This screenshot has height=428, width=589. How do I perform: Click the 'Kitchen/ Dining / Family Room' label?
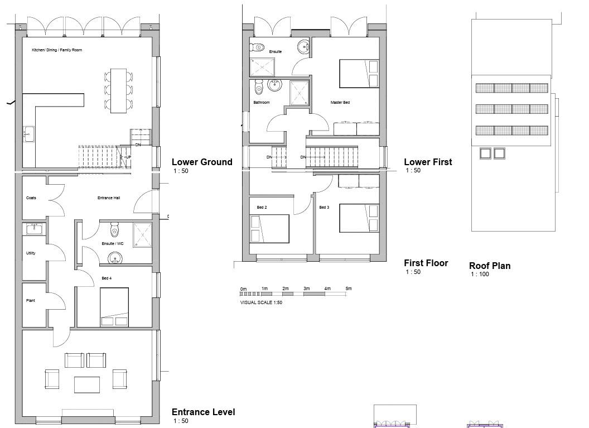coord(57,50)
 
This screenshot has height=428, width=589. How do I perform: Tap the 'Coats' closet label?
coord(31,198)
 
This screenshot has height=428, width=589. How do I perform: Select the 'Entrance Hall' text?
coord(109,198)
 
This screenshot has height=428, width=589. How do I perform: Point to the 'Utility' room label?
coord(31,253)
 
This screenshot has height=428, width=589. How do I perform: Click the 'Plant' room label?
coord(31,301)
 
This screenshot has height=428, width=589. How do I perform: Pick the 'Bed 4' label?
coord(107,278)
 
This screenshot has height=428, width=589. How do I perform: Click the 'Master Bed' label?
coord(340,102)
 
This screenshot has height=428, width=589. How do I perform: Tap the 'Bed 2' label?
coord(262,208)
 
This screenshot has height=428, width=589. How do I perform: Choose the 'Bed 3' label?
coord(324,208)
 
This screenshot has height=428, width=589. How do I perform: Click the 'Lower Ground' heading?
coord(202,162)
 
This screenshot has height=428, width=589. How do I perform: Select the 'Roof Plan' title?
coord(490,266)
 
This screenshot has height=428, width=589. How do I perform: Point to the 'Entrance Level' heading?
coord(203,412)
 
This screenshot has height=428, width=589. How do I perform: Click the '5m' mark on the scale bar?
coord(349,288)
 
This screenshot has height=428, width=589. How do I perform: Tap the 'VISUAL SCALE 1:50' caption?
coord(261,302)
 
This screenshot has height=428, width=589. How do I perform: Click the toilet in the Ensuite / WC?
coord(114,228)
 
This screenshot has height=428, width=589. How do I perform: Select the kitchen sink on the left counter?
coord(29,134)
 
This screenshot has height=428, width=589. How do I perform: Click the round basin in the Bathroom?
coord(275,85)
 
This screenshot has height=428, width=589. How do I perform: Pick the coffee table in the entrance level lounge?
coord(87,385)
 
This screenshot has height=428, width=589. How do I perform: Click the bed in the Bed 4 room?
coord(114,307)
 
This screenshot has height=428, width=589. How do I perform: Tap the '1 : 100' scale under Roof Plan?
coord(480,275)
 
